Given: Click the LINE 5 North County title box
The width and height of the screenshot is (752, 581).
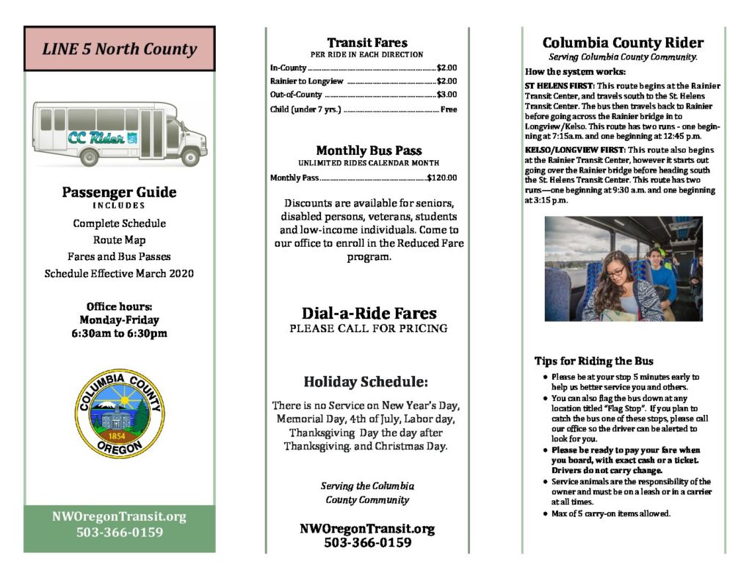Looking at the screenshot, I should click(119, 49).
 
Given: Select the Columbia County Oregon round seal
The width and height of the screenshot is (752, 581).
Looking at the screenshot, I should click(120, 414).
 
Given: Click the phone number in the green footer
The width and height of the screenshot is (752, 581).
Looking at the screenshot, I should click(120, 533).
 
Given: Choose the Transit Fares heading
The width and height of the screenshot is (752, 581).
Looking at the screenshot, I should click(367, 43).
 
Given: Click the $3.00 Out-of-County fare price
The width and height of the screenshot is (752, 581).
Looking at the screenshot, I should click(446, 95).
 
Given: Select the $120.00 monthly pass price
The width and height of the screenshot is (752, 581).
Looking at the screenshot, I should click(441, 177).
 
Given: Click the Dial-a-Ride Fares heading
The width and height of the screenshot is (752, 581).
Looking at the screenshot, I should click(369, 314).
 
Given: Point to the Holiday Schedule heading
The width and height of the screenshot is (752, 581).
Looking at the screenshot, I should click(366, 382).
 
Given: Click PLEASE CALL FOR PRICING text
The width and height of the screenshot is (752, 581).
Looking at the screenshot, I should click(369, 328).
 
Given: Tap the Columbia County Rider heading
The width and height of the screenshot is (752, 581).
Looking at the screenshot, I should click(623, 43).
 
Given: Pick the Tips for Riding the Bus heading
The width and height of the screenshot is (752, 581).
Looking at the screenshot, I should click(593, 361).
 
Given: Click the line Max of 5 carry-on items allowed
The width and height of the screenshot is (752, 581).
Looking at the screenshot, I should click(611, 513).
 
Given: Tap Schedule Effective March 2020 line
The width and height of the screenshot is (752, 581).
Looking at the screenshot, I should click(119, 274).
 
